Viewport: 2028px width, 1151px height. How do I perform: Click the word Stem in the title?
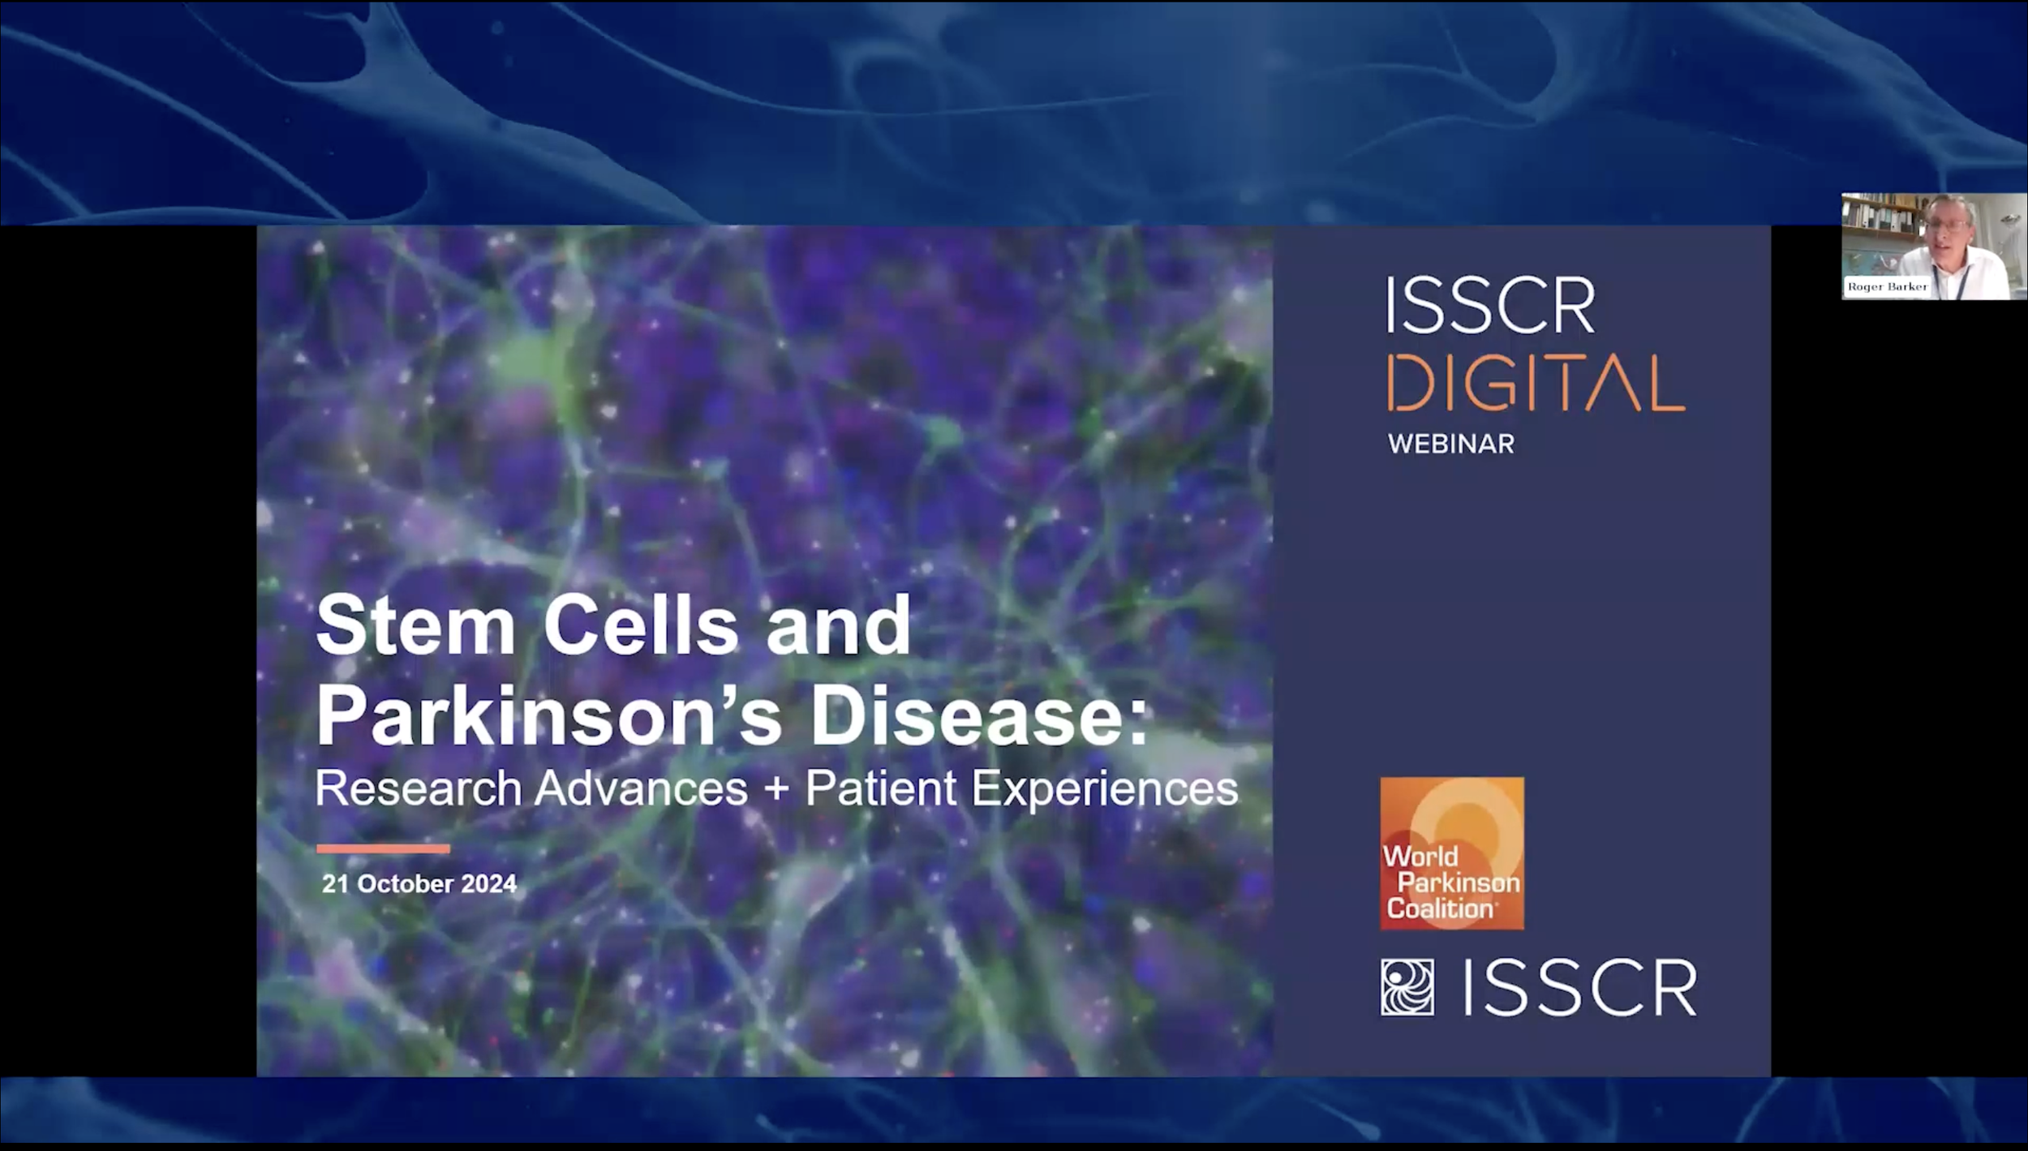(415, 625)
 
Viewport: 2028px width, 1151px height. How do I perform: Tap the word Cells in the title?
(640, 625)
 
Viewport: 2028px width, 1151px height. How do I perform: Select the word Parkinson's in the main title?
(548, 715)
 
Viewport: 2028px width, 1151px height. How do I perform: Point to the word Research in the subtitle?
(418, 788)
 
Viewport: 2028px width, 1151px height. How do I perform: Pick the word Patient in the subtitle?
(881, 788)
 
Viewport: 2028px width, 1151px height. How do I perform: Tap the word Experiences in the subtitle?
(1105, 788)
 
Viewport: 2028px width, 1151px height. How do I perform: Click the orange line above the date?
(383, 848)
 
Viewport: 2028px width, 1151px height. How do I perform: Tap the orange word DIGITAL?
(1535, 383)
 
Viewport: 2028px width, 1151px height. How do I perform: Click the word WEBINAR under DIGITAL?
(1450, 445)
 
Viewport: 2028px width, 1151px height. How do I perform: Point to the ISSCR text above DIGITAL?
(1491, 306)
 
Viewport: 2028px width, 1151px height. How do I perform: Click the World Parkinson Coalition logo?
(1452, 853)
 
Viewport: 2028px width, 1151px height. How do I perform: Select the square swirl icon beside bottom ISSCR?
(1407, 987)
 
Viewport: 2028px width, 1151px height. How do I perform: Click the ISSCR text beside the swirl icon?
(1580, 988)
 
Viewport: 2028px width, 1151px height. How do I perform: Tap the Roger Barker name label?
(1887, 287)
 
